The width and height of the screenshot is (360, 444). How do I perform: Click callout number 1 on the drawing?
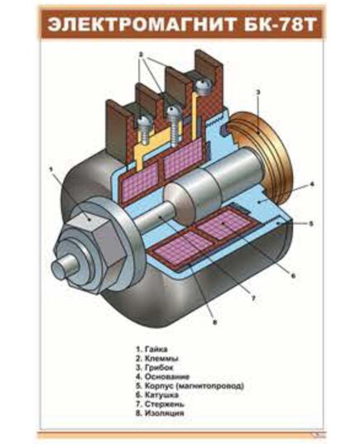pos(50,169)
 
